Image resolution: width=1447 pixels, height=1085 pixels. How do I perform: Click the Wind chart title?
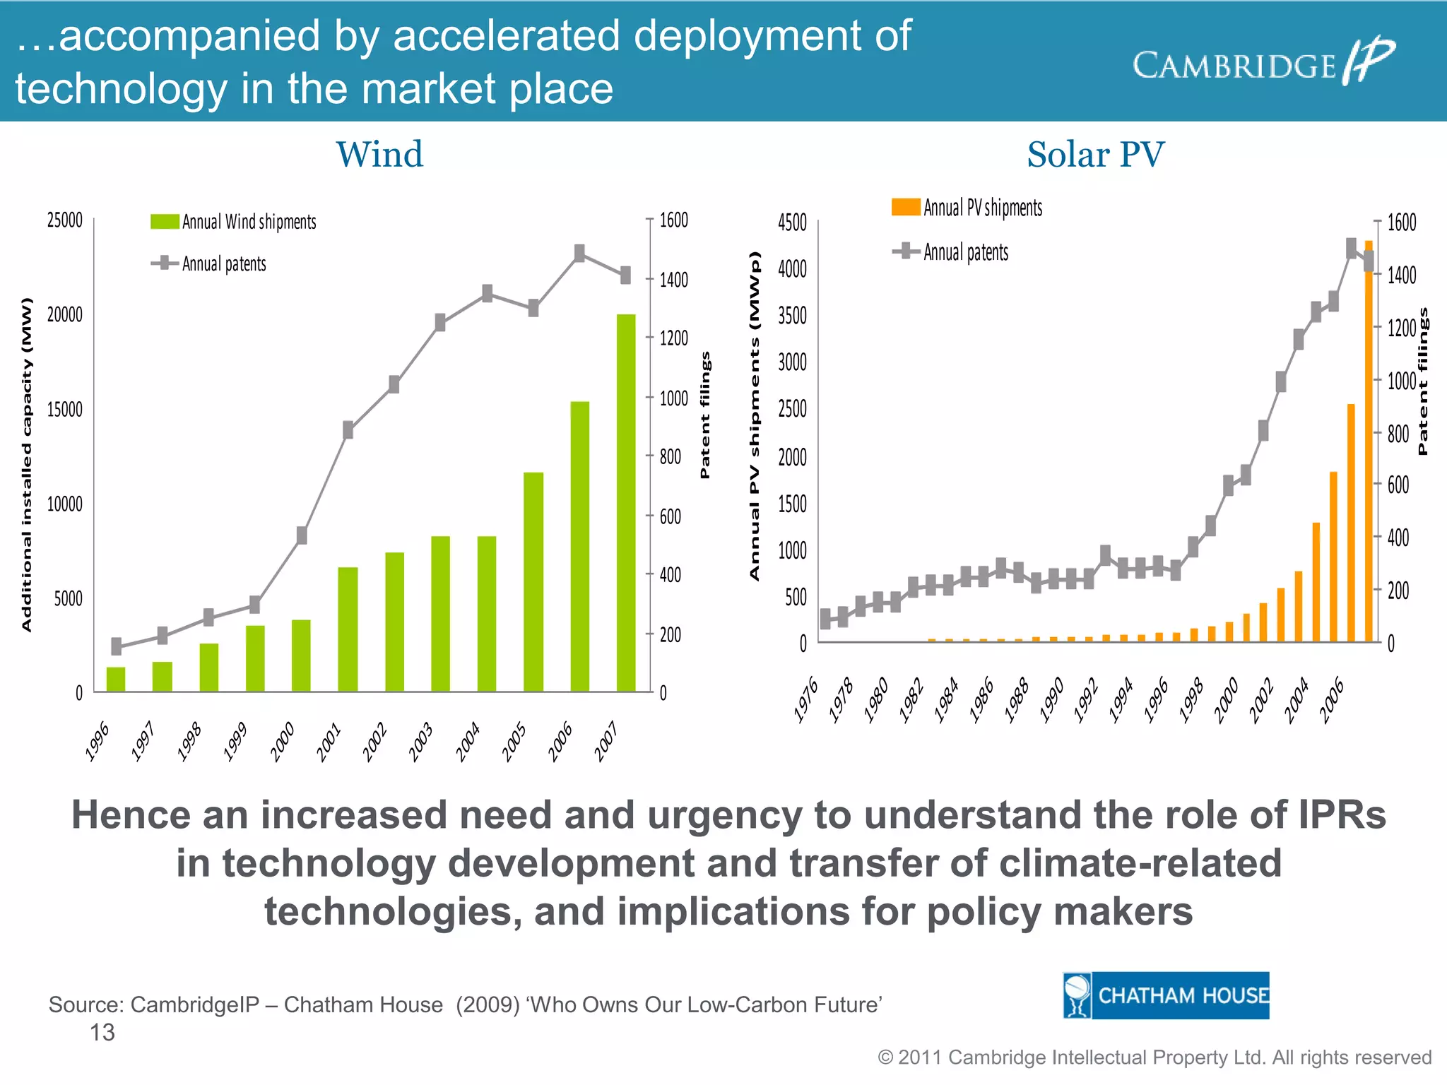click(x=379, y=155)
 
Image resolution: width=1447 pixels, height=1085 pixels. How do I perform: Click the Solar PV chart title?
click(x=1095, y=155)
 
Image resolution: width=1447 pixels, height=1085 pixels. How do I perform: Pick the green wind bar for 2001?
click(x=348, y=629)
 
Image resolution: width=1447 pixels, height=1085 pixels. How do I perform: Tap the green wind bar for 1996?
click(x=116, y=679)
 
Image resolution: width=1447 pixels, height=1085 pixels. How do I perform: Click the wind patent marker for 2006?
click(x=579, y=253)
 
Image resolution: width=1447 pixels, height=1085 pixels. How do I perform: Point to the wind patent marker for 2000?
click(x=302, y=535)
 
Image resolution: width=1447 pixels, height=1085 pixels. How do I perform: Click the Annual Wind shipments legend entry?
click(x=234, y=222)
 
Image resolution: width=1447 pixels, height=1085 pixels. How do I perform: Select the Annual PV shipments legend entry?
click(x=967, y=208)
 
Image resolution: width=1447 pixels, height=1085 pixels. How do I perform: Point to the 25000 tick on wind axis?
click(x=65, y=220)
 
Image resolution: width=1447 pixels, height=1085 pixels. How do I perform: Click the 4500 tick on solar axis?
click(x=792, y=223)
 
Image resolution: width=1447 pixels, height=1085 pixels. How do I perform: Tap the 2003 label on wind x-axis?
click(x=421, y=742)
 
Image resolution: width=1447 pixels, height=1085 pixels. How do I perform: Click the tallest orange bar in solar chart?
click(x=1369, y=441)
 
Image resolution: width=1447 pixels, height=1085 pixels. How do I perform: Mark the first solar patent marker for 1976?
click(x=825, y=619)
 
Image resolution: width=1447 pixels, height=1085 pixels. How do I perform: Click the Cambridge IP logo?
click(x=1263, y=64)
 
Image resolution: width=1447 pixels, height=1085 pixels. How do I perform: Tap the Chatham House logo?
click(x=1166, y=995)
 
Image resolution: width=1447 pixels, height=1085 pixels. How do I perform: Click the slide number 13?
click(x=102, y=1033)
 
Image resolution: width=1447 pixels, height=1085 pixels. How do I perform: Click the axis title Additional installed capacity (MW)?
click(x=27, y=464)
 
